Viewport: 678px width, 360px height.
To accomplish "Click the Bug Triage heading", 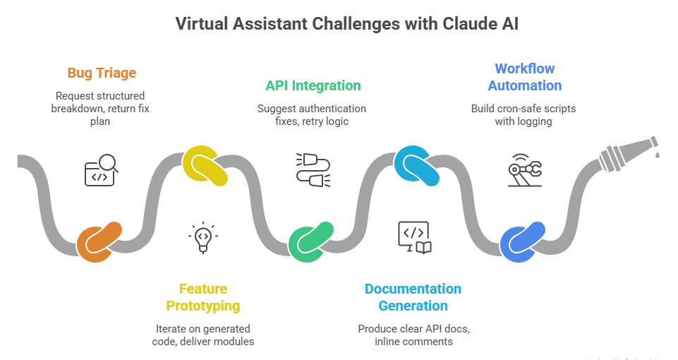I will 102,73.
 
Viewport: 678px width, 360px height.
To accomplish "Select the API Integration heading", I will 313,85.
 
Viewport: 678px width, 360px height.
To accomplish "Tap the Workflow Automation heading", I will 524,77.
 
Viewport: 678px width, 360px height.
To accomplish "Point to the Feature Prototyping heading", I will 202,297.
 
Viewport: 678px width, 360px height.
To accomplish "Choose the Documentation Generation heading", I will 413,297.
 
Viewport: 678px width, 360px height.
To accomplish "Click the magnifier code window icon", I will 102,170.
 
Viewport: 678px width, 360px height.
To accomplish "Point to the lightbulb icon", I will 202,237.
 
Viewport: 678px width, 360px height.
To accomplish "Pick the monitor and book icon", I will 414,237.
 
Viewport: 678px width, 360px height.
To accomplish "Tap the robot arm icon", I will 525,172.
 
